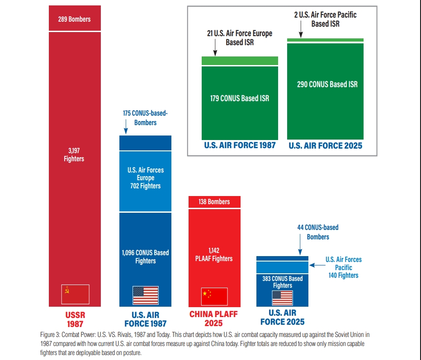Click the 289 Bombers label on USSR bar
coord(74,19)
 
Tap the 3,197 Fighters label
coord(74,154)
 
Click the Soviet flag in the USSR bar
coord(75,294)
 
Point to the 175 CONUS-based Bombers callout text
coord(145,117)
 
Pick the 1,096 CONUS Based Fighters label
coord(145,257)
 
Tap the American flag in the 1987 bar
coord(145,295)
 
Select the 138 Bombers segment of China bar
coord(214,202)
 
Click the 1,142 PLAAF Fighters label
coord(214,254)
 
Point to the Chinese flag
coord(214,296)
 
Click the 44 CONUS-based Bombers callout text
coord(318,232)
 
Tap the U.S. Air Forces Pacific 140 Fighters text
coord(344,267)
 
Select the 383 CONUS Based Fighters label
coord(283,282)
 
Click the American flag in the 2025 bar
coord(282,298)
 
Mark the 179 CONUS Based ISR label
coord(240,98)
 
